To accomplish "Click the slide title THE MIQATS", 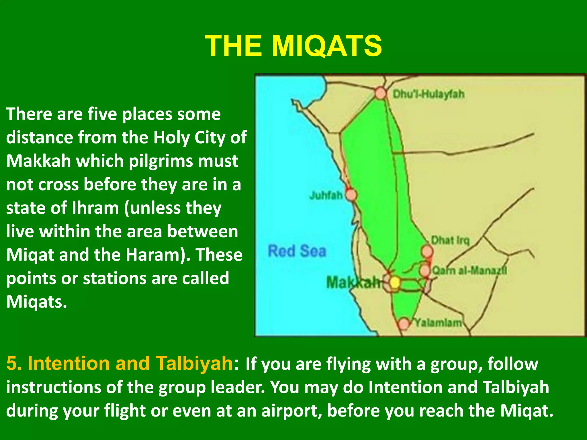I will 293,46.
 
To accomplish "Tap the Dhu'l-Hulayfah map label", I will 428,94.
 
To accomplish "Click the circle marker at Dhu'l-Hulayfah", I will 381,93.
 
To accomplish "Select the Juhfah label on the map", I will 326,195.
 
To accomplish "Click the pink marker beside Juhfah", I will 351,195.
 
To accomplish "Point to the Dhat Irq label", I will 450,240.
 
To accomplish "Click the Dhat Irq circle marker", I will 427,252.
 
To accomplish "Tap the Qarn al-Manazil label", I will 469,270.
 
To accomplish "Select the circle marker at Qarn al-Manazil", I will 425,270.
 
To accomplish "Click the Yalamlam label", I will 438,323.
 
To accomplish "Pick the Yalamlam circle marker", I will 404,323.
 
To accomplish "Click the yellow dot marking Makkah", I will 395,282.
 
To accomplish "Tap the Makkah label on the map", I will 353,282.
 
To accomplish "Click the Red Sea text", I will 297,251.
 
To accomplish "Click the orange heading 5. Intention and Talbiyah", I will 119,363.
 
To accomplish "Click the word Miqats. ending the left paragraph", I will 37,302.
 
